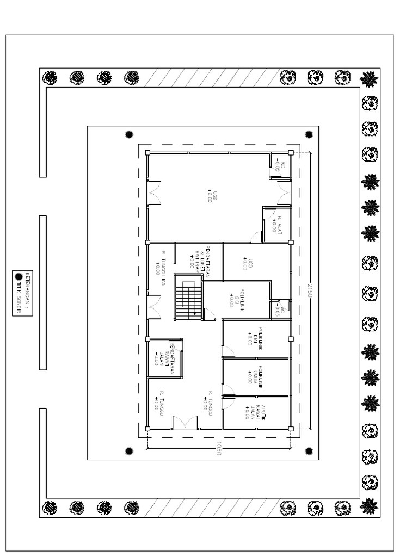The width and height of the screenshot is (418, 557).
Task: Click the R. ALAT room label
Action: pos(277,224)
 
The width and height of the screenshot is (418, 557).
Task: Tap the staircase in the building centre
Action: pos(188,298)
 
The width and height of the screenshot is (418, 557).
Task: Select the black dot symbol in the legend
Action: pos(19,276)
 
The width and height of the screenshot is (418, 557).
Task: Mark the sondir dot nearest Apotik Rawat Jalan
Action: pos(309,450)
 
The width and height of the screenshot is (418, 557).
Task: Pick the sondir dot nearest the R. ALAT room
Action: pos(309,134)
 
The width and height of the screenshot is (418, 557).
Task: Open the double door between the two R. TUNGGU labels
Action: pos(185,423)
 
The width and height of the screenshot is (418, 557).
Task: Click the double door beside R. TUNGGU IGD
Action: pos(153,307)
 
